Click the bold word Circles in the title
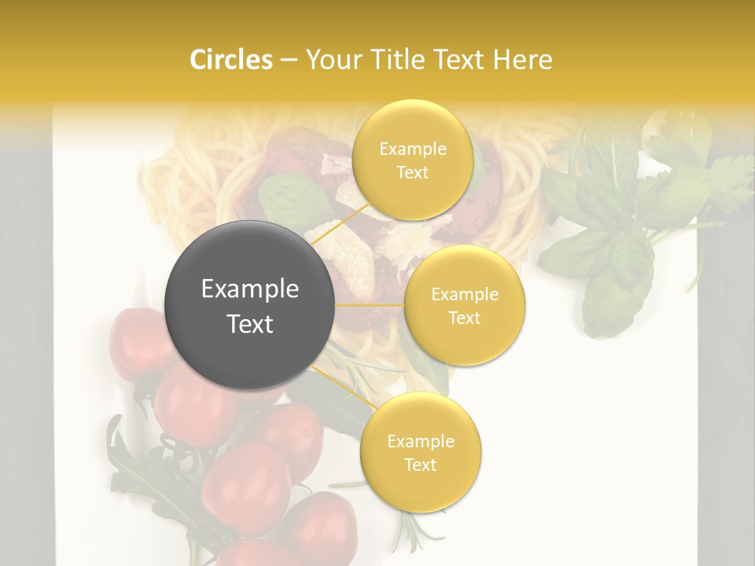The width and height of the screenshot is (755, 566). click(x=230, y=60)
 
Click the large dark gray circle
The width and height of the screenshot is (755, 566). click(x=250, y=305)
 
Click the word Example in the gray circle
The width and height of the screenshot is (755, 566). click(x=250, y=289)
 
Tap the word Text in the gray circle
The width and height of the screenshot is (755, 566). click(x=250, y=324)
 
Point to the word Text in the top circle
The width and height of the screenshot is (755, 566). click(x=413, y=173)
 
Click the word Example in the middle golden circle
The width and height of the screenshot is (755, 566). click(x=465, y=295)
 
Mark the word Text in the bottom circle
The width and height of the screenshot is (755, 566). click(x=421, y=465)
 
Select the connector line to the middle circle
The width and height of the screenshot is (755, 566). click(x=370, y=304)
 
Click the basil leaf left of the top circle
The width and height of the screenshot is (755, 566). click(x=291, y=197)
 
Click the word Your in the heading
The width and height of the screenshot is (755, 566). click(x=331, y=60)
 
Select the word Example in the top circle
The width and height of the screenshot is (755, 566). click(x=413, y=149)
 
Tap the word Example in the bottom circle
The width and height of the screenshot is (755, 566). click(x=421, y=442)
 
